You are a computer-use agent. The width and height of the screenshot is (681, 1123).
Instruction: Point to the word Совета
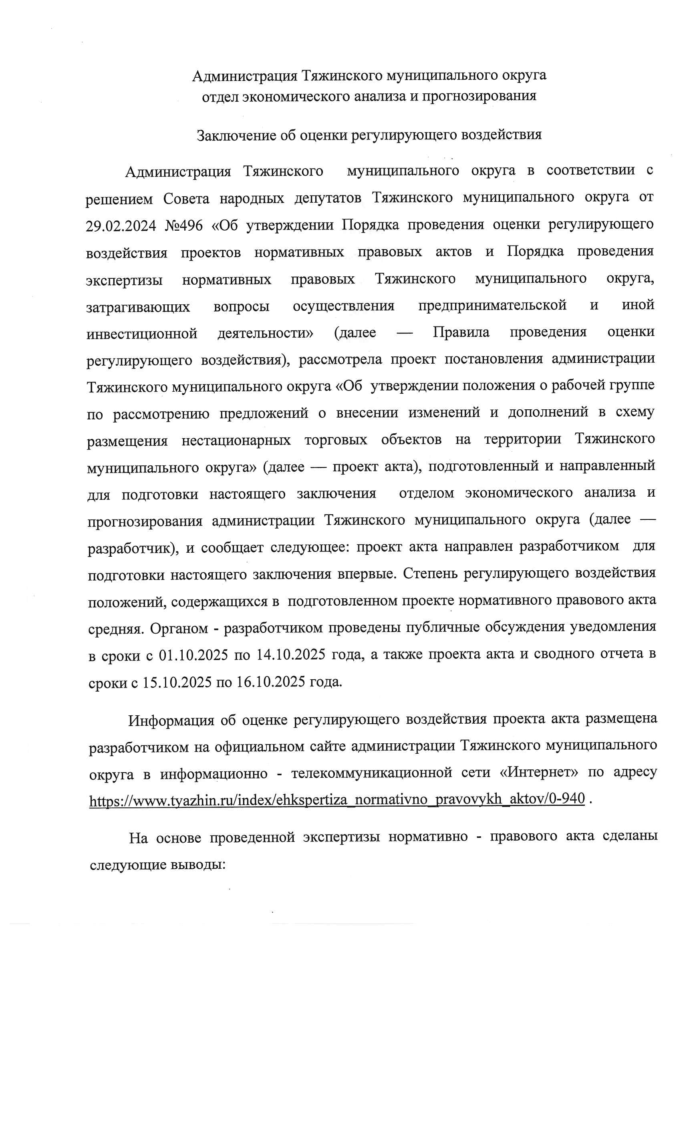point(186,199)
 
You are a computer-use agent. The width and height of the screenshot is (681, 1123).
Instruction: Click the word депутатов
point(328,199)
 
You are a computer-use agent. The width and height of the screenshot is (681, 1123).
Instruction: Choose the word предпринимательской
point(492,305)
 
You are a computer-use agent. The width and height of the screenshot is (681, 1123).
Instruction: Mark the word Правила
point(461,332)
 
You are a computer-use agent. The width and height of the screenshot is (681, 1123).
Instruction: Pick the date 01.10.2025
point(193,655)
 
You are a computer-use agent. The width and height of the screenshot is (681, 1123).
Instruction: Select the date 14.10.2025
point(291,655)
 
